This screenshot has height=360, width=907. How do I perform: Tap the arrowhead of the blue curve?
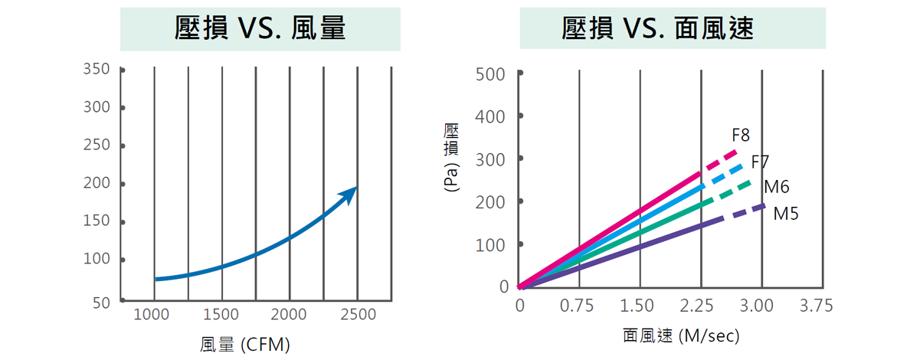point(350,192)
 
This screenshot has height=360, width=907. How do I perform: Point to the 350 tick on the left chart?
point(97,69)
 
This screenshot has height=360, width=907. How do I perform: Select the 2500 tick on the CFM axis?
point(358,315)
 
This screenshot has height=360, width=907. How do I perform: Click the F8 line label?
point(741,136)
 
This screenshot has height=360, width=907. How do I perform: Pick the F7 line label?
point(760,162)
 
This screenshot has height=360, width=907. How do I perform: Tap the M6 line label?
point(776,187)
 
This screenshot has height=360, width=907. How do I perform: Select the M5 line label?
point(786,214)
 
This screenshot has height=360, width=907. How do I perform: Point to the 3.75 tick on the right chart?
point(816,306)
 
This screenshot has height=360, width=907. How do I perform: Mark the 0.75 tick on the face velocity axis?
point(577,306)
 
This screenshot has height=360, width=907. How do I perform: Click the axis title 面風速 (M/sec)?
point(681,336)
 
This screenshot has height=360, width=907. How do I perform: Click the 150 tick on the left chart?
point(97,221)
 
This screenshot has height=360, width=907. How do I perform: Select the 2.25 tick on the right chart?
point(696,306)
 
